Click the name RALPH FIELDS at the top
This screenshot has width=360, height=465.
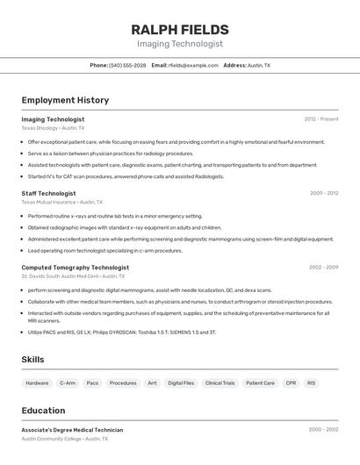coord(179,30)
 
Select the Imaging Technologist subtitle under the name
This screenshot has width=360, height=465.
coord(179,44)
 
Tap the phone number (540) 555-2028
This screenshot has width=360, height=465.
coord(128,66)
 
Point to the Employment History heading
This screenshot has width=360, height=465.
coord(65,100)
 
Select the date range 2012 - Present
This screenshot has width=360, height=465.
coord(321,118)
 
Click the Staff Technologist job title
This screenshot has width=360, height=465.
coord(48,193)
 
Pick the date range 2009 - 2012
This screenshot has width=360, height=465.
coord(324,193)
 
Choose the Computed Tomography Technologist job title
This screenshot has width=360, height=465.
coord(75,267)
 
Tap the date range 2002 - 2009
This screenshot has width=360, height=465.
coord(323,267)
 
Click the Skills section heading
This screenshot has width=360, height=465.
coord(32,360)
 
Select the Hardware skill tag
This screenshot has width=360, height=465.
coord(37,383)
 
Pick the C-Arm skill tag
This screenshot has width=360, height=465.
coord(68,383)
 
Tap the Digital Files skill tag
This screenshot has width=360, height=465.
coord(181,383)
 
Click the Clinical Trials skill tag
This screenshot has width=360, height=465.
coord(220,383)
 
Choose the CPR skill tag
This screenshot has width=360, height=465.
coord(291,383)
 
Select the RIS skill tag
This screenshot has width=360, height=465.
coord(311,383)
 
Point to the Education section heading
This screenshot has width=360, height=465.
coord(43,411)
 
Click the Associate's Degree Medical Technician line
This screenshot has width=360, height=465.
coord(72,430)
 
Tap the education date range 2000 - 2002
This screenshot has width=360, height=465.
coord(323,430)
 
